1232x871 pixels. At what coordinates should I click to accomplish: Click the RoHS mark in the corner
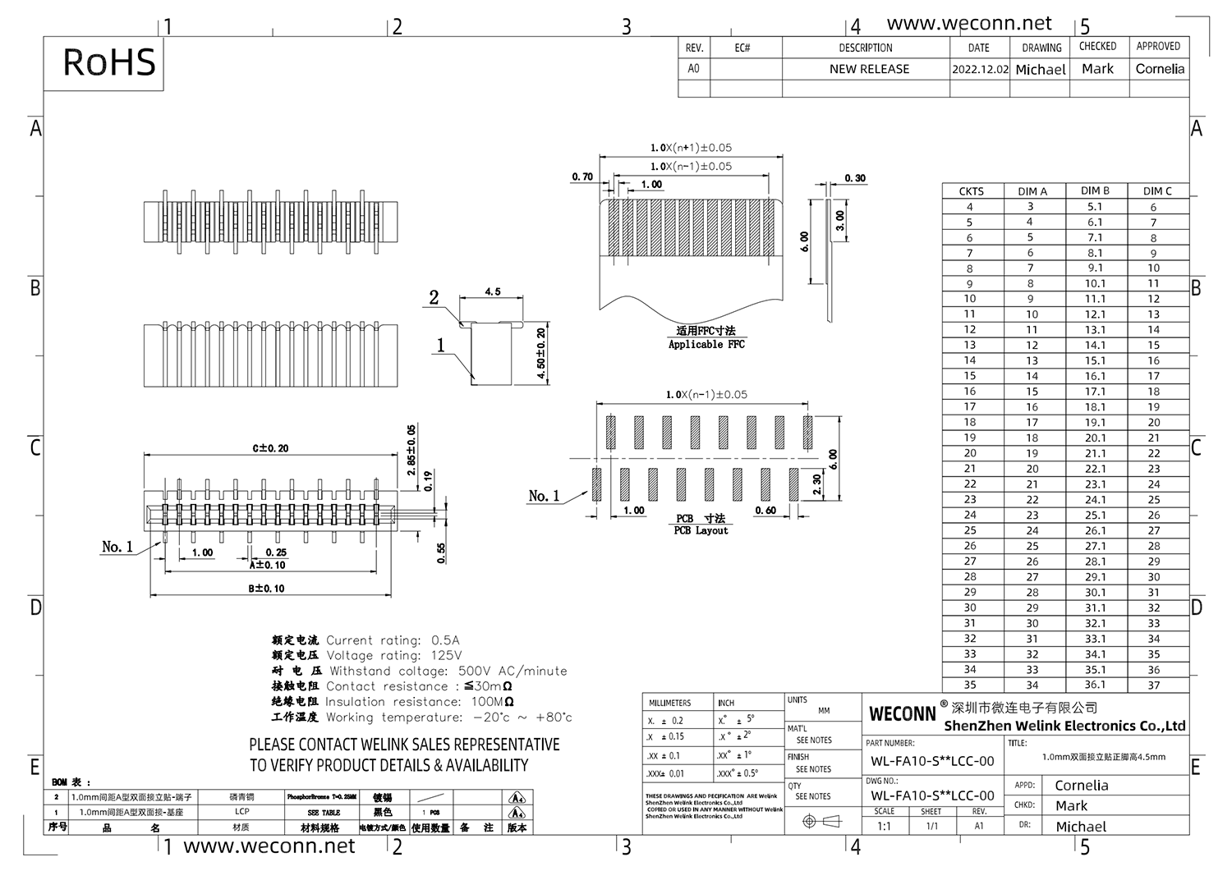tap(108, 62)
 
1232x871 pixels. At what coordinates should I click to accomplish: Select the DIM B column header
tap(1094, 190)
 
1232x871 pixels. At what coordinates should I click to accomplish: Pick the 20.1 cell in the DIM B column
tap(1095, 438)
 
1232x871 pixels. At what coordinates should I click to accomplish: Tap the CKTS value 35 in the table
tap(970, 685)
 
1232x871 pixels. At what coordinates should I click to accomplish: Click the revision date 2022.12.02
tap(979, 70)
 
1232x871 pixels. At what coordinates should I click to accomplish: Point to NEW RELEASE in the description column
tap(869, 69)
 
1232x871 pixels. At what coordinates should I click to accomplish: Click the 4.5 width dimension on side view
tap(492, 291)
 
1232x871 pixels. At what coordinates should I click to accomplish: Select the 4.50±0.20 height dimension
tap(540, 354)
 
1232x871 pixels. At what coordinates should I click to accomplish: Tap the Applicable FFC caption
tap(706, 344)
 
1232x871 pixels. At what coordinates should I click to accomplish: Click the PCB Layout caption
tap(701, 530)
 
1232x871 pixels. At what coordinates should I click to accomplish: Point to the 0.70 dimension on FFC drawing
tap(582, 176)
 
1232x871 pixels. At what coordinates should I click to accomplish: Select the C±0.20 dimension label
tap(270, 448)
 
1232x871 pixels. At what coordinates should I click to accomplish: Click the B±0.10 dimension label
tap(267, 589)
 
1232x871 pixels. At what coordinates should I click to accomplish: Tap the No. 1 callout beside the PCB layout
tap(544, 496)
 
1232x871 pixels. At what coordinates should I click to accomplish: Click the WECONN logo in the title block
tap(902, 713)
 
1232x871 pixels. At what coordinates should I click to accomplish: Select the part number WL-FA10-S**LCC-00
tap(932, 761)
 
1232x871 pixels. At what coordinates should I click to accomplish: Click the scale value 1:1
tap(884, 826)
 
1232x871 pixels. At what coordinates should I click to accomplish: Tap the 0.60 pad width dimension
tap(765, 511)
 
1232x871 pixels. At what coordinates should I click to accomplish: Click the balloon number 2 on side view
tap(434, 298)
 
